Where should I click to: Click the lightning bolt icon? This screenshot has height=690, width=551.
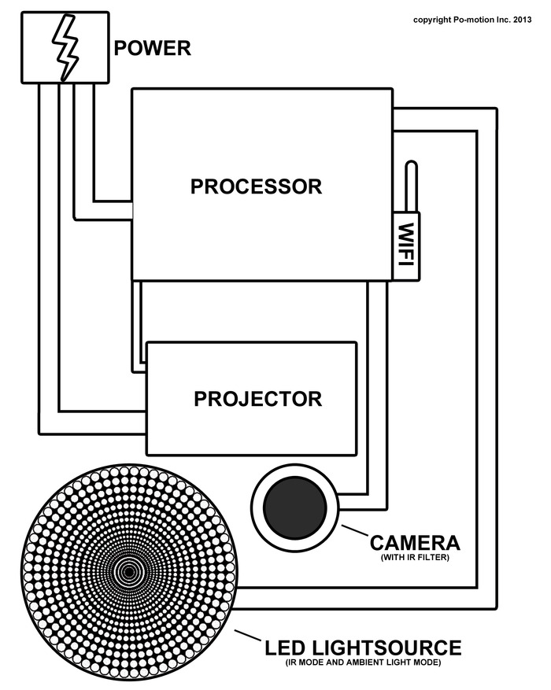(x=65, y=46)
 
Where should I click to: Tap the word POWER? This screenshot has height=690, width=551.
(x=153, y=48)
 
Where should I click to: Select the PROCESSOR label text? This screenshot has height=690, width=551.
(x=257, y=187)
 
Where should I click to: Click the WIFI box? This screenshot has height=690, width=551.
(x=406, y=245)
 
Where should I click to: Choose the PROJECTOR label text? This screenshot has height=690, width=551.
(x=257, y=398)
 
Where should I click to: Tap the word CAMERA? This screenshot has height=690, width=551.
(x=415, y=543)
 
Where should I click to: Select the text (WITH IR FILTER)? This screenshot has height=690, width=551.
(x=416, y=559)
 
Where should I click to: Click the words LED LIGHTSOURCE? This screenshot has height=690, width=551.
(x=363, y=648)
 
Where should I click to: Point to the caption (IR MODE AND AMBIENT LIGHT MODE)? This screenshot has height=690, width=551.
(x=363, y=664)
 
